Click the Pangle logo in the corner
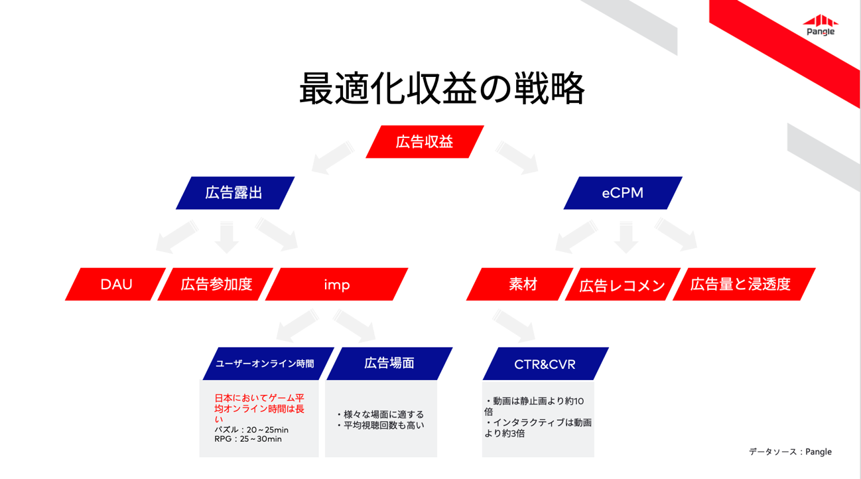[x=821, y=25]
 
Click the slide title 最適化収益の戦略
[x=442, y=88]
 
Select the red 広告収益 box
[x=425, y=142]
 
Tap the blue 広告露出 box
[x=235, y=193]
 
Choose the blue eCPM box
[x=623, y=193]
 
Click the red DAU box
[x=115, y=284]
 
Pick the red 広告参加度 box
[x=216, y=284]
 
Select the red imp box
[x=337, y=284]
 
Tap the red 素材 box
[x=519, y=284]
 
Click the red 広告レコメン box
[x=623, y=284]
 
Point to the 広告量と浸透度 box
[x=744, y=284]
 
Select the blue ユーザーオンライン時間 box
[x=268, y=364]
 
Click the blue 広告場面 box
[x=389, y=364]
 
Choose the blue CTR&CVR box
[x=546, y=364]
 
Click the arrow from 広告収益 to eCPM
[x=517, y=158]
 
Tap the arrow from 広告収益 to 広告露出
[x=333, y=158]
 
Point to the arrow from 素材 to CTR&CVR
[x=514, y=326]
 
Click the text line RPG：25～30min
[x=248, y=439]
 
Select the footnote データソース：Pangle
[x=790, y=452]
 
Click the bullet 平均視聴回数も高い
[x=381, y=425]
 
